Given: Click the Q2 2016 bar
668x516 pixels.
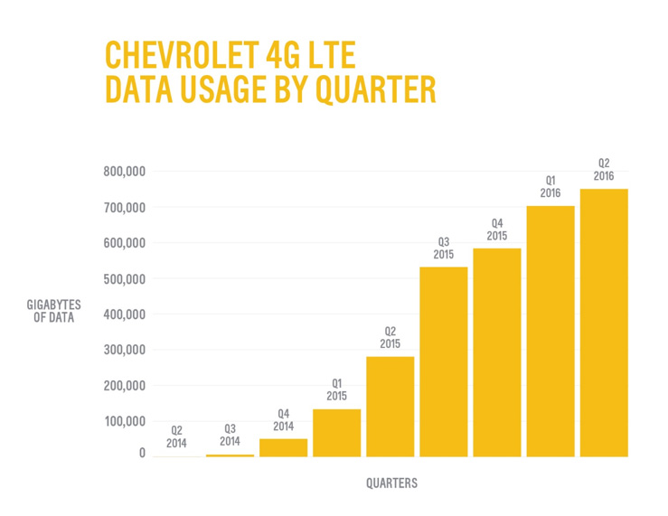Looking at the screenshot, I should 604,322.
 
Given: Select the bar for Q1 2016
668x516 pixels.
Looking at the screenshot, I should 550,331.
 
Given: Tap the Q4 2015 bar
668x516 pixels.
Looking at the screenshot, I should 497,352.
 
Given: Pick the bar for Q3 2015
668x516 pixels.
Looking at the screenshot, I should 444,361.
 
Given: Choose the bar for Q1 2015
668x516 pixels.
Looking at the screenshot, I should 336,433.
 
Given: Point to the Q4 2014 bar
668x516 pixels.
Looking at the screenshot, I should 283,447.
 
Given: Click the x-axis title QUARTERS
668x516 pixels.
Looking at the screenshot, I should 391,483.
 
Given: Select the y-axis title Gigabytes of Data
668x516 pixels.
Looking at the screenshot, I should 54,312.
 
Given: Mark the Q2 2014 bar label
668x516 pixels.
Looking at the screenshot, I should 176,437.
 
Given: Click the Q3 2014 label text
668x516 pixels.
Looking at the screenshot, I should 230,435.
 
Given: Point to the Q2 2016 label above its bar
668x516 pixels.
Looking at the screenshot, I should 604,170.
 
